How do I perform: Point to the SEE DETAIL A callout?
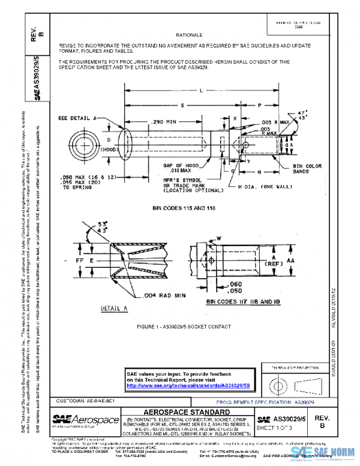point(80,118)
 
